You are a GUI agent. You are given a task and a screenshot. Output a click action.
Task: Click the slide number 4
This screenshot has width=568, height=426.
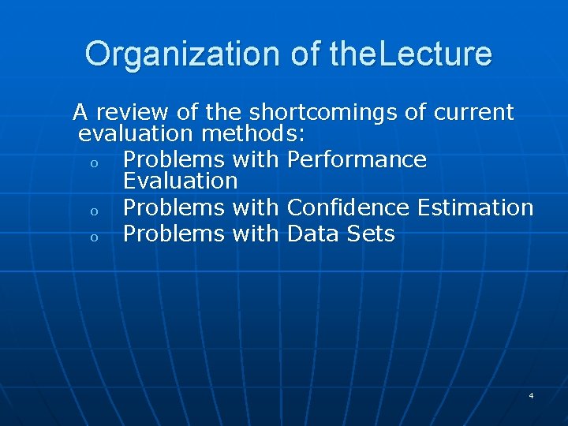pos(531,394)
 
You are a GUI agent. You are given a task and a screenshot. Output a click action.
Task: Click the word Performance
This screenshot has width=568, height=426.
pos(357,159)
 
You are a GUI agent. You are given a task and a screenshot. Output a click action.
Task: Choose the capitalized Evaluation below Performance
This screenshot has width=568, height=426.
pos(180,181)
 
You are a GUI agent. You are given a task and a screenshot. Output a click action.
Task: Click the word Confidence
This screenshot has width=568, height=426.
pos(349,207)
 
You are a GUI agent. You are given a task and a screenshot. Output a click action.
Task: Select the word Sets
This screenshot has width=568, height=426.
pos(369,234)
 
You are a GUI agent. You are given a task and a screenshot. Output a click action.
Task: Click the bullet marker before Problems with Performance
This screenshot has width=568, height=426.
pos(93,163)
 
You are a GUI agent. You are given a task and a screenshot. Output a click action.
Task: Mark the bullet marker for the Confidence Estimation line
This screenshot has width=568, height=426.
pos(93,211)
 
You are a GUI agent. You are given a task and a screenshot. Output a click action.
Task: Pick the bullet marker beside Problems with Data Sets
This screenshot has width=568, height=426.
pos(93,237)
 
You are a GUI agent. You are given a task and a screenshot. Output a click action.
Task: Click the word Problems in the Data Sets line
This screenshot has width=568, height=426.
pos(174,234)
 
